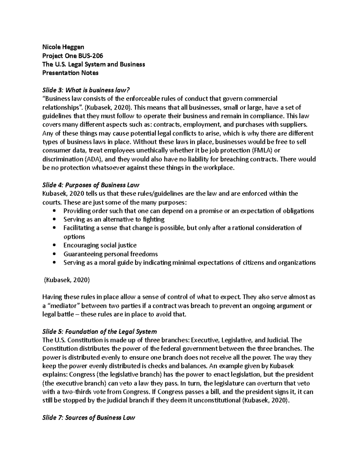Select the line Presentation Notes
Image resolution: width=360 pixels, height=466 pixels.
click(x=70, y=73)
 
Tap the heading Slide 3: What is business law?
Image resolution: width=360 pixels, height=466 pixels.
click(x=87, y=90)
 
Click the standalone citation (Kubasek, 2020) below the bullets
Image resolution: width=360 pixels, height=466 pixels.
click(x=67, y=280)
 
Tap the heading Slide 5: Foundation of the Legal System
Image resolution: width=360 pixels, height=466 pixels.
click(x=100, y=332)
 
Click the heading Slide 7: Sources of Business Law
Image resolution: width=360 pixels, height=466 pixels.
click(x=89, y=418)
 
